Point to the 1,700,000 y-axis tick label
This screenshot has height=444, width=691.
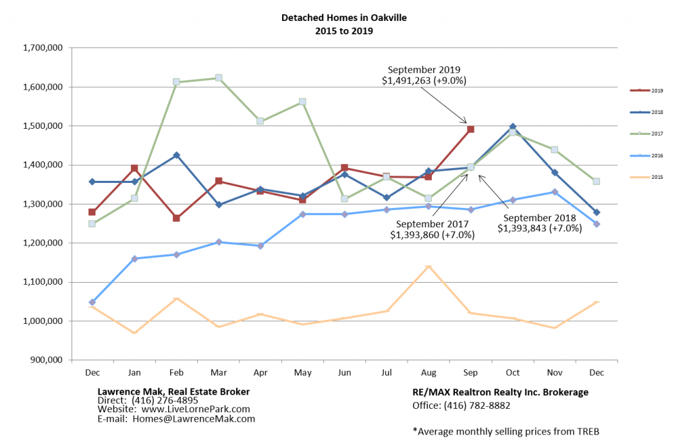point(43,48)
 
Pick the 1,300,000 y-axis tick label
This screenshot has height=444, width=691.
point(43,204)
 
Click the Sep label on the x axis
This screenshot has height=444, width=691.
point(470,372)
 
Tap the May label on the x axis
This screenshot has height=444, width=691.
point(302,372)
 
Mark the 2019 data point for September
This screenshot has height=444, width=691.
point(470,129)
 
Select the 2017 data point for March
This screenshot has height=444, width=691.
point(218,78)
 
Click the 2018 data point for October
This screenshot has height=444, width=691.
point(513,127)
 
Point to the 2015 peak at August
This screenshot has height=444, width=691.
point(429,267)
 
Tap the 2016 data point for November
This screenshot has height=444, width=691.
point(555,192)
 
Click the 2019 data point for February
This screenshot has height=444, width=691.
point(176,218)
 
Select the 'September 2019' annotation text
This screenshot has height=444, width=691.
point(423,70)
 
